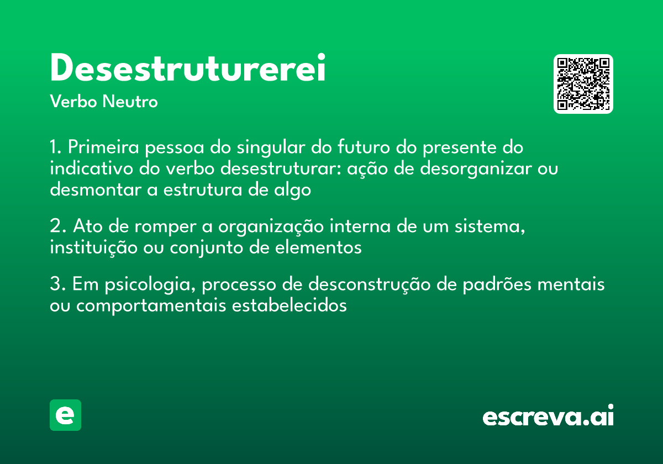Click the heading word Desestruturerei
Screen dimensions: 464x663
click(x=188, y=68)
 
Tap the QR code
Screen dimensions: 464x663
click(x=583, y=84)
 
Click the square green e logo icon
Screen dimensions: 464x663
click(x=65, y=415)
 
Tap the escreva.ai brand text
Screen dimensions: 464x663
click(x=548, y=416)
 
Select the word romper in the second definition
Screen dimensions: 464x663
click(x=180, y=227)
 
